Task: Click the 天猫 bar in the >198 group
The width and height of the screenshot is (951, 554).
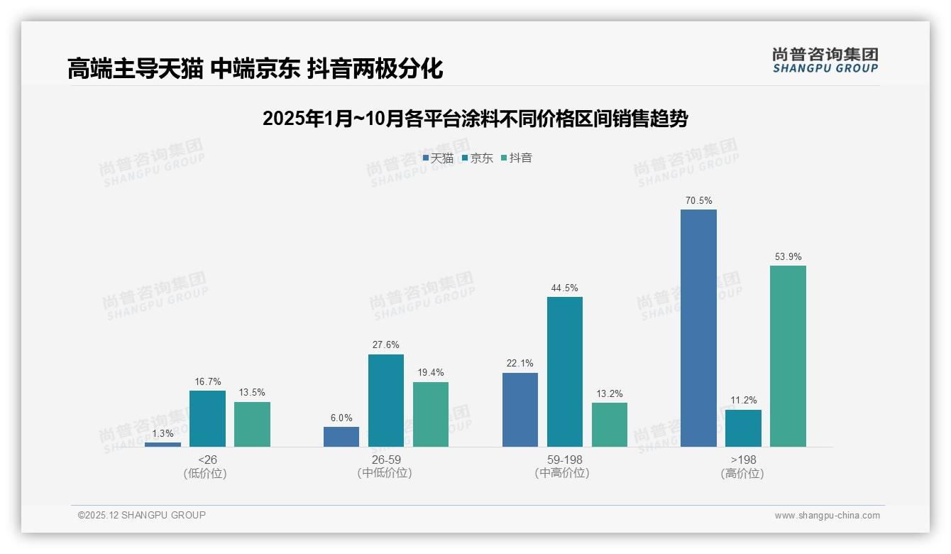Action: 698,328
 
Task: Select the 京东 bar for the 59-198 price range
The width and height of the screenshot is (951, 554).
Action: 565,371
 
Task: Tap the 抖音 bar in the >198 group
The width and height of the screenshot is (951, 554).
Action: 788,356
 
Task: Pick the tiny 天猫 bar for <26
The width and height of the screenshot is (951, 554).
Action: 163,444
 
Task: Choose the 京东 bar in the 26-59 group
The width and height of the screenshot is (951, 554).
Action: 385,401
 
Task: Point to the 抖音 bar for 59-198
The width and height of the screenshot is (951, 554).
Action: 610,425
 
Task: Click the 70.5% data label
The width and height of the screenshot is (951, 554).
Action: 698,201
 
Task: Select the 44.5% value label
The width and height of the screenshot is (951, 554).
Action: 564,288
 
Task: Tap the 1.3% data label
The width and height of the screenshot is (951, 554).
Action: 163,434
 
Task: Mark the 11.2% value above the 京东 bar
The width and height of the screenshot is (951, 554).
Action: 743,401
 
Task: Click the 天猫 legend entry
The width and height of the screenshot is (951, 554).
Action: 439,158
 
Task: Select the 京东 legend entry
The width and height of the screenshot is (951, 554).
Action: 478,158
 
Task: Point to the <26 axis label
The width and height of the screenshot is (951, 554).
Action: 207,460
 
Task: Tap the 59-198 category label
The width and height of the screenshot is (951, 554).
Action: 564,460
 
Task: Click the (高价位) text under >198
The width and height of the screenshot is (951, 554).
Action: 742,474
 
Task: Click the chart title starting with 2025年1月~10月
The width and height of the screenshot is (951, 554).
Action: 475,119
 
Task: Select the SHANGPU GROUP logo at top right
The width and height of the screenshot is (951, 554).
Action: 825,60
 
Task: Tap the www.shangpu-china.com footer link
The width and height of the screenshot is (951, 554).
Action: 827,516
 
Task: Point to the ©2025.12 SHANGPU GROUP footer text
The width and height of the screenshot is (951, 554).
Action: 142,515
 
